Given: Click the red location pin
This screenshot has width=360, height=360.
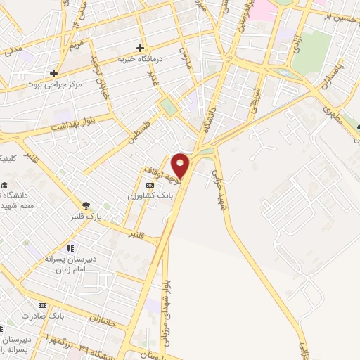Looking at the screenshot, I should (181, 165).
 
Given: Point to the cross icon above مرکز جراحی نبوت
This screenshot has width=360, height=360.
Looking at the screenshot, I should (53, 72).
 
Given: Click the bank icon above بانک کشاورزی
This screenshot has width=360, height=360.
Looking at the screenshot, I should (149, 185).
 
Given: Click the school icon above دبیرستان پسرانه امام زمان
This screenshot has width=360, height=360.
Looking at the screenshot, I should (70, 247).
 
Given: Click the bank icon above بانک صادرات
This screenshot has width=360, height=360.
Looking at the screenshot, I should (43, 306).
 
